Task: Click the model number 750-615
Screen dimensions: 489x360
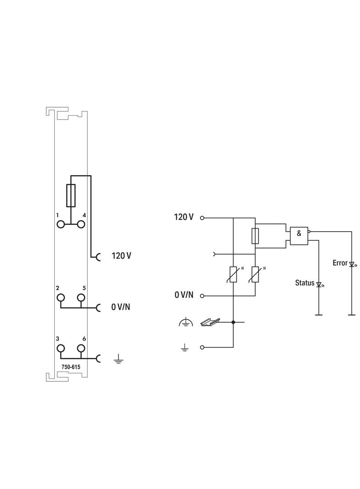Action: [x=71, y=367]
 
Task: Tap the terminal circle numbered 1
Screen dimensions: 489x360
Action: [x=61, y=224]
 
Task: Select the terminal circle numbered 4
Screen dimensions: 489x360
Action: [x=81, y=224]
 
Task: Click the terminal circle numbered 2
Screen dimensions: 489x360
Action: [x=61, y=297]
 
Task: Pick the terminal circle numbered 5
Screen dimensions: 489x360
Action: [x=81, y=297]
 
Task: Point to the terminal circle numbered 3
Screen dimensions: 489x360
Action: [x=61, y=348]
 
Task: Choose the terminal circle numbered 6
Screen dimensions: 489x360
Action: [x=81, y=348]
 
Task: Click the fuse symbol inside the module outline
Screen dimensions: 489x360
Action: [x=71, y=195]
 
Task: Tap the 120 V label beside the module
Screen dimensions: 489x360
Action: [x=121, y=256]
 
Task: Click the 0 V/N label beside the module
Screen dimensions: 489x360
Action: [x=120, y=307]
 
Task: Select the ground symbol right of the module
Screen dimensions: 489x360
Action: [x=118, y=358]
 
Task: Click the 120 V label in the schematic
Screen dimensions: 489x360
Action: [x=184, y=217]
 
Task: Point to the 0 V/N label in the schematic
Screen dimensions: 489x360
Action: [x=184, y=295]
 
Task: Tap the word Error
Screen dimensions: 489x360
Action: [x=340, y=263]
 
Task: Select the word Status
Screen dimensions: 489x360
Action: [x=304, y=283]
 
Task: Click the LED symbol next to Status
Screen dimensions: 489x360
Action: [x=319, y=284]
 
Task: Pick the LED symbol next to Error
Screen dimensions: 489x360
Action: [x=352, y=264]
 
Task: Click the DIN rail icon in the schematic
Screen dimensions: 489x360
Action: [x=210, y=322]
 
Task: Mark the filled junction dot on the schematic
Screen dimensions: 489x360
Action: [x=233, y=322]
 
